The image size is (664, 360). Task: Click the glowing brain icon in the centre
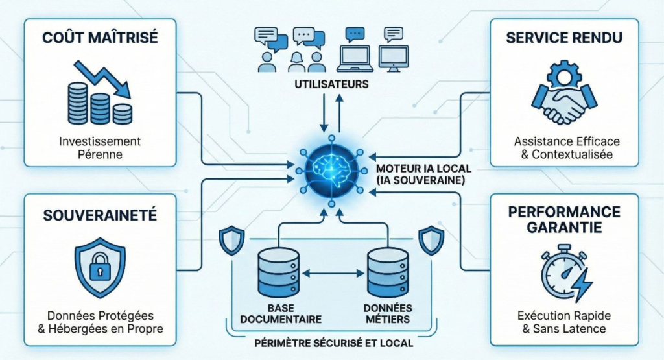pos(331,167)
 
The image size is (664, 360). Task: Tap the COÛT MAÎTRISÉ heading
pos(100,37)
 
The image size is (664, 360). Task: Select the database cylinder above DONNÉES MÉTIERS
pos(388,273)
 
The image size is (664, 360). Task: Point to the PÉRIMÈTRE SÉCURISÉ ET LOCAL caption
pos(332,342)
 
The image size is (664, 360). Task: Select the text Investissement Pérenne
pos(100,148)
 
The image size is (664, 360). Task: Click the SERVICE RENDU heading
pos(563,37)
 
